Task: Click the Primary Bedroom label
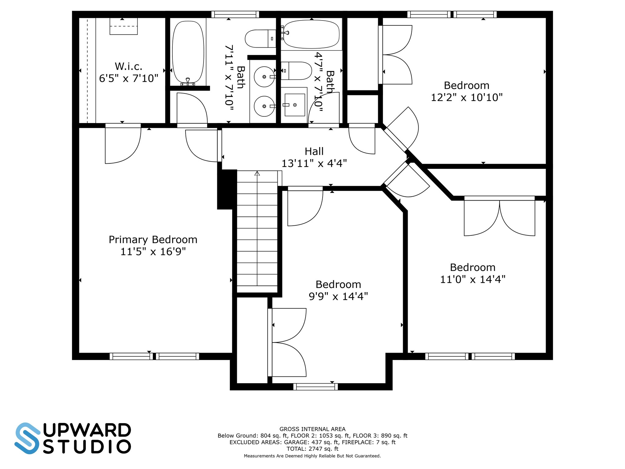coord(153,240)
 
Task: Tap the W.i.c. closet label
coord(128,66)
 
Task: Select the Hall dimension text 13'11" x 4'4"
coord(314,163)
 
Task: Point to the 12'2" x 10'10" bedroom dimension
coord(467,97)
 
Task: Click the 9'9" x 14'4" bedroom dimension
coord(338,296)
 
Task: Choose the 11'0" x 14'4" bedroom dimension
coord(473,279)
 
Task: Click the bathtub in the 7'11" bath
coord(188,53)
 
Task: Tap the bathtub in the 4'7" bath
coord(311,34)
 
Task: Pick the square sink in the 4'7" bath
coord(294,105)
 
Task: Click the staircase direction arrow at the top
coord(257,173)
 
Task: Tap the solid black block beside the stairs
coord(227,189)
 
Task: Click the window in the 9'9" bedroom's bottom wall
coord(316,387)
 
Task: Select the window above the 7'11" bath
coord(235,14)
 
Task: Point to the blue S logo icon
coord(27,438)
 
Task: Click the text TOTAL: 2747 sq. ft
coord(312,449)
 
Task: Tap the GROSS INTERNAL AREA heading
coord(312,429)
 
